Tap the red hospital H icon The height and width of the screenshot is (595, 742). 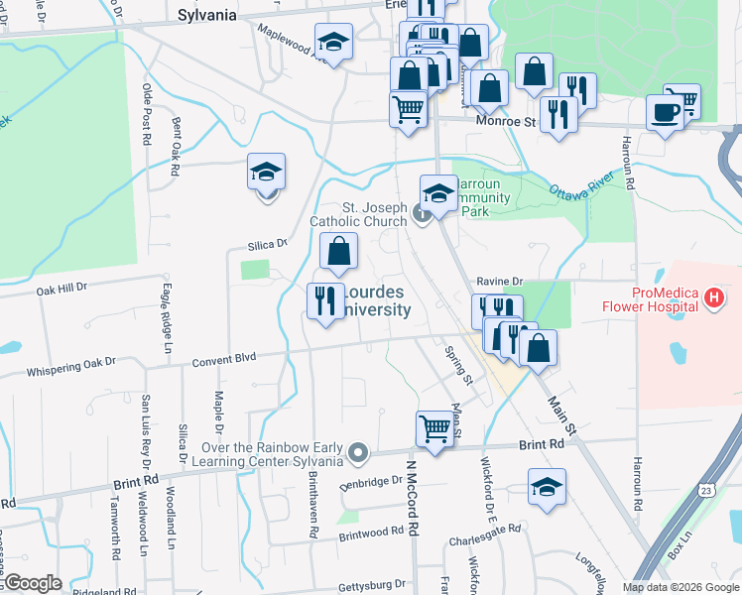coord(712,297)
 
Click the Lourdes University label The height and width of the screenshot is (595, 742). coord(375,301)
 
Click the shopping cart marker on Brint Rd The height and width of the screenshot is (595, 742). coord(434,429)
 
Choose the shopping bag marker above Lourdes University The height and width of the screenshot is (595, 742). coord(338,253)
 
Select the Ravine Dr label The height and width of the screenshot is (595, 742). coord(499,282)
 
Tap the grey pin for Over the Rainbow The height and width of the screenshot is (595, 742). coord(358,454)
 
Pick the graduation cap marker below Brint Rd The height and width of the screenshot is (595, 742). coord(546,488)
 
